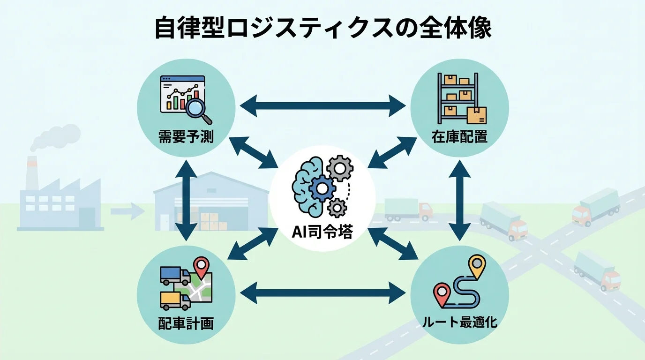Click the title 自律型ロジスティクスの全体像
[322, 29]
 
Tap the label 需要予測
[186, 137]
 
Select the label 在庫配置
[459, 137]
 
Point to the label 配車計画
[186, 323]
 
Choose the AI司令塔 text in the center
[322, 233]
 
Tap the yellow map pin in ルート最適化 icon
[477, 265]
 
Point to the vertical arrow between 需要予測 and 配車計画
[186, 199]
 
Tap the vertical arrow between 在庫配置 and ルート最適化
[459, 199]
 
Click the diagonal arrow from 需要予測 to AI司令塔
[254, 152]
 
